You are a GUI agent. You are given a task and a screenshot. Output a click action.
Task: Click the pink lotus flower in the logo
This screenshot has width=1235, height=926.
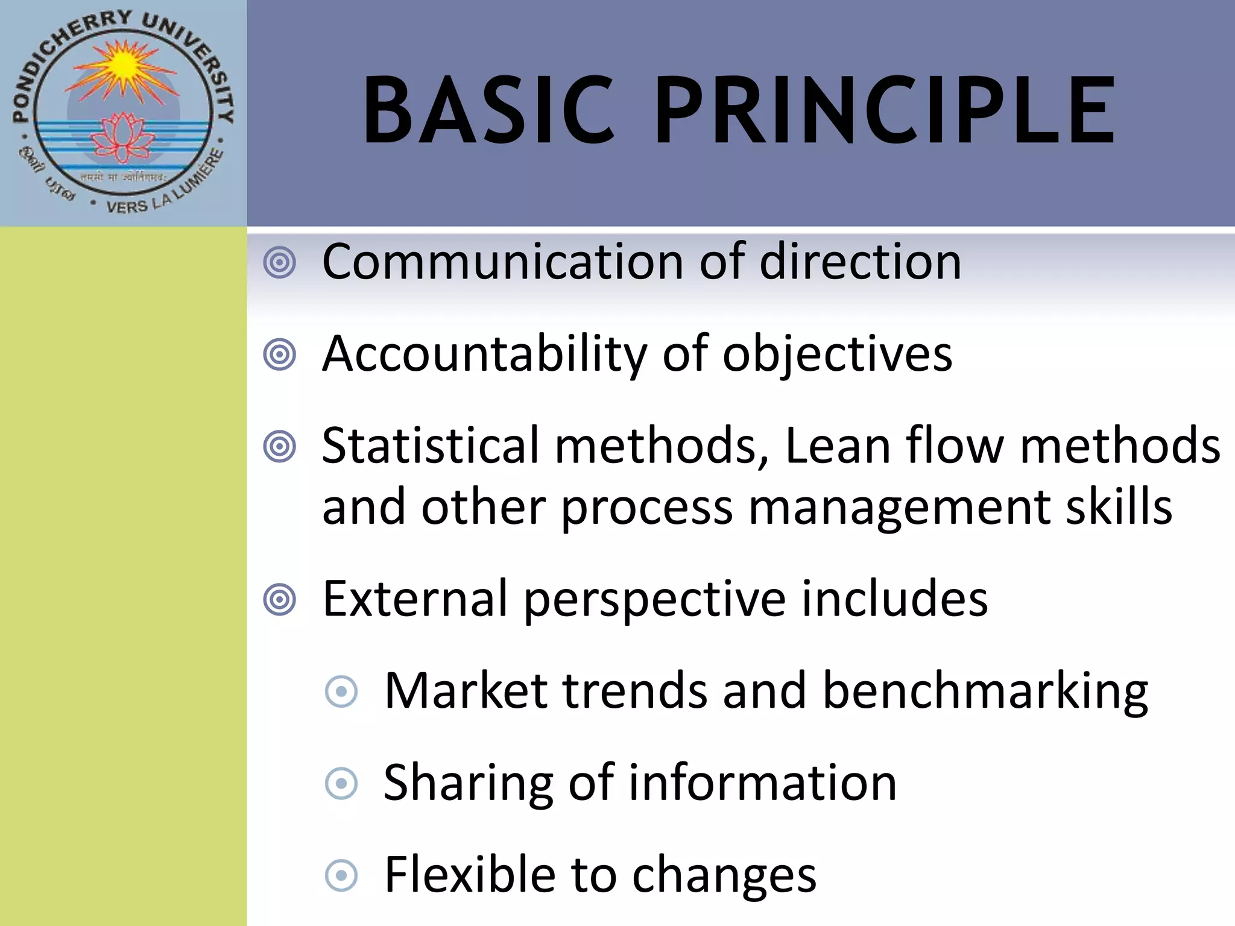pos(123,137)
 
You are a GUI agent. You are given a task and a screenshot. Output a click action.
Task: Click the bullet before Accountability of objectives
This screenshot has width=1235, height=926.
pos(280,354)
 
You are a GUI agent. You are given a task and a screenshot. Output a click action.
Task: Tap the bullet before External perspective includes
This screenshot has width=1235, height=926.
pos(280,599)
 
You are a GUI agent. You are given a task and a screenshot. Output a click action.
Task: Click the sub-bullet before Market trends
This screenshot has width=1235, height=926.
pos(341,691)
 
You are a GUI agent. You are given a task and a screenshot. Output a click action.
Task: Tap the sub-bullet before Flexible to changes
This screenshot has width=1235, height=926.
pos(341,875)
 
